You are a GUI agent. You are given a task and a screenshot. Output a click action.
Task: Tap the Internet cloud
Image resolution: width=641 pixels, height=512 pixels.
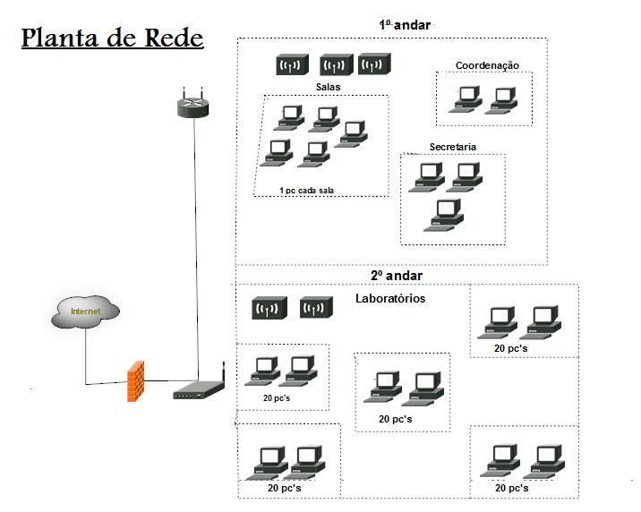[86, 311]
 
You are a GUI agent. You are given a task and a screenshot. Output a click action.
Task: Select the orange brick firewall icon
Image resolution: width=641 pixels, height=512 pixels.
[136, 380]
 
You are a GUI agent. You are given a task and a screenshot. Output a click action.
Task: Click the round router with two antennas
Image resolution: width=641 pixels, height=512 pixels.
[191, 106]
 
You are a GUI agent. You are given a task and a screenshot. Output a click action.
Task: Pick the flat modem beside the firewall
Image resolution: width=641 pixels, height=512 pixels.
[198, 391]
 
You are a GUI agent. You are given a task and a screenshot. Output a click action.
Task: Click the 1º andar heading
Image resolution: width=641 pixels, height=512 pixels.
[405, 25]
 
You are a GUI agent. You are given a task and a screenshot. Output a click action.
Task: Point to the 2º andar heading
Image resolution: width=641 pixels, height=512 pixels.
[397, 276]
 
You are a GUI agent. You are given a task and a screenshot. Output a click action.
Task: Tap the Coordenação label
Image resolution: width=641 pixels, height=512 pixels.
[487, 65]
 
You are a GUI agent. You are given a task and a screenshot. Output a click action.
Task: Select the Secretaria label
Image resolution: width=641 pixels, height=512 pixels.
[452, 147]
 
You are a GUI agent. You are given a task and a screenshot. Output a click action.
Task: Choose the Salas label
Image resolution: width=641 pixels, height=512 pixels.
[328, 87]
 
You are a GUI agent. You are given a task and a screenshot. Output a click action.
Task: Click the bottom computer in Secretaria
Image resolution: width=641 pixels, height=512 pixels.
[445, 216]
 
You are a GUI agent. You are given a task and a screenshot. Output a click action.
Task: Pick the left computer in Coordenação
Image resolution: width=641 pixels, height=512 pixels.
[466, 99]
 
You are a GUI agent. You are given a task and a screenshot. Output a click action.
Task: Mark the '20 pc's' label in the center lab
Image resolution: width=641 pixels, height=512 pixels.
[395, 419]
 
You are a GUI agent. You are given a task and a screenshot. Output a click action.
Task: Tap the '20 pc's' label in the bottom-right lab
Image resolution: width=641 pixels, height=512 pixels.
[511, 488]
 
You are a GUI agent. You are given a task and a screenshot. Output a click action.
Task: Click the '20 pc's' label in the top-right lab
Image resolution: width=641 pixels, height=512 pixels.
[511, 347]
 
